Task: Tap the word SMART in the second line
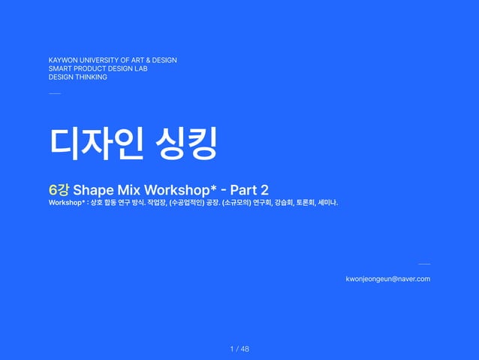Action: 59,68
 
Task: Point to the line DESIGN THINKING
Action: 78,77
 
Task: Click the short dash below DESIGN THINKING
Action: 54,94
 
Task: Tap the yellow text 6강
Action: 59,189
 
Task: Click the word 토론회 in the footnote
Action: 304,203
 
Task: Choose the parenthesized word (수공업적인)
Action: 182,203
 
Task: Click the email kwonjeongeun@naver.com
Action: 387,279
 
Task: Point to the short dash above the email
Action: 424,265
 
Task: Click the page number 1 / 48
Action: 239,349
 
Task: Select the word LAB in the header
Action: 140,68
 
